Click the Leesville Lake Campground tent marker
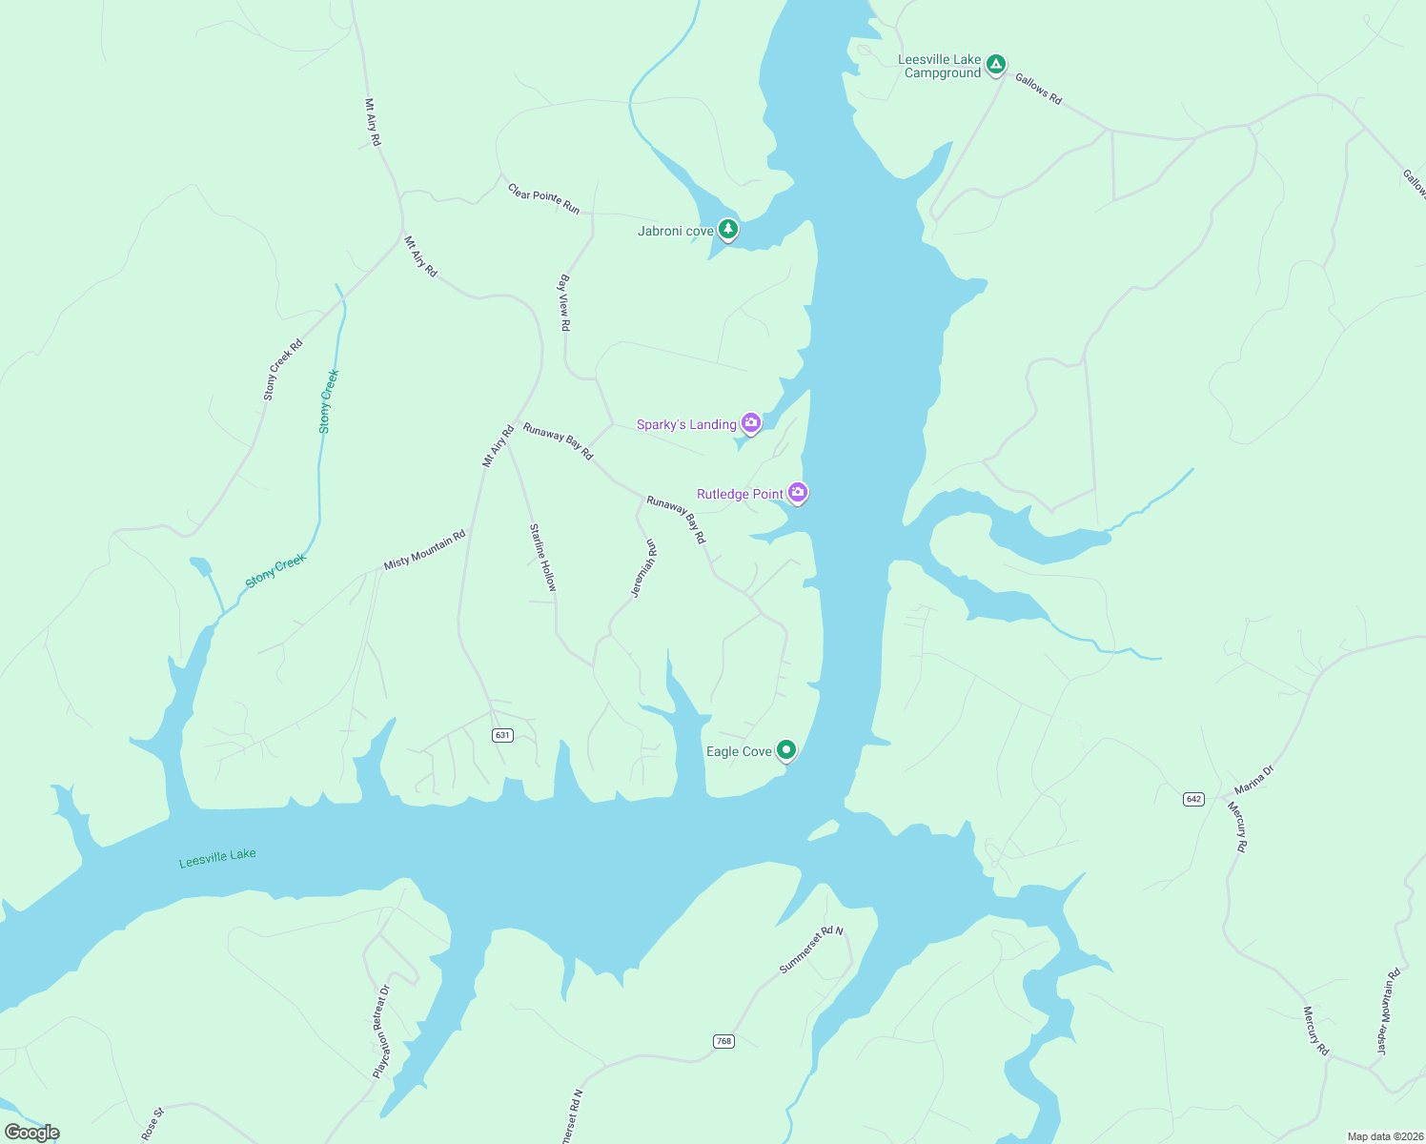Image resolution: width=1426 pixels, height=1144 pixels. tap(995, 65)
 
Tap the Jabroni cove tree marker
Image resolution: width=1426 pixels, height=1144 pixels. tap(728, 230)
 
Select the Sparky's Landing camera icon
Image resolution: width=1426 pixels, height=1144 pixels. tap(751, 423)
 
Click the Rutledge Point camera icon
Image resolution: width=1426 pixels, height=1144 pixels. tap(798, 493)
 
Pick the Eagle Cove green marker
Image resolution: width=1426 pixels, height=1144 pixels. tap(786, 750)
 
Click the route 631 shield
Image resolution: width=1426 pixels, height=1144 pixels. tap(502, 735)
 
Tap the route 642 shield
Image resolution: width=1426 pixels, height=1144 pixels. tap(1194, 799)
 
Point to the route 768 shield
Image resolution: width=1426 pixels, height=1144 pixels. tap(723, 1041)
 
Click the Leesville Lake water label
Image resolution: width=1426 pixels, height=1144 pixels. tap(217, 858)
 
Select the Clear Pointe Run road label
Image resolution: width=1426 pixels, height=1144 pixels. tap(543, 198)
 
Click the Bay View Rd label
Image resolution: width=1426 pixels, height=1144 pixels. tap(564, 303)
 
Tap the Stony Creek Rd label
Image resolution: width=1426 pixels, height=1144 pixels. tap(282, 369)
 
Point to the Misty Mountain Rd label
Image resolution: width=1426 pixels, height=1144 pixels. tap(424, 550)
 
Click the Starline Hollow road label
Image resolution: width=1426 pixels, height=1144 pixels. tap(542, 557)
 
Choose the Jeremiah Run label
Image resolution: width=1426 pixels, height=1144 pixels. tap(644, 568)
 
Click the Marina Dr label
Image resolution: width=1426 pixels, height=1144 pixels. tap(1253, 780)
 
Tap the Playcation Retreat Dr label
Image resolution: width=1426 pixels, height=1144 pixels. tap(381, 1032)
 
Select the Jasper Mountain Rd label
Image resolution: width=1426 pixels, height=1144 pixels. tap(1388, 1011)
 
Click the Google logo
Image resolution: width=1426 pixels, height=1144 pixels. tap(31, 1133)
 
